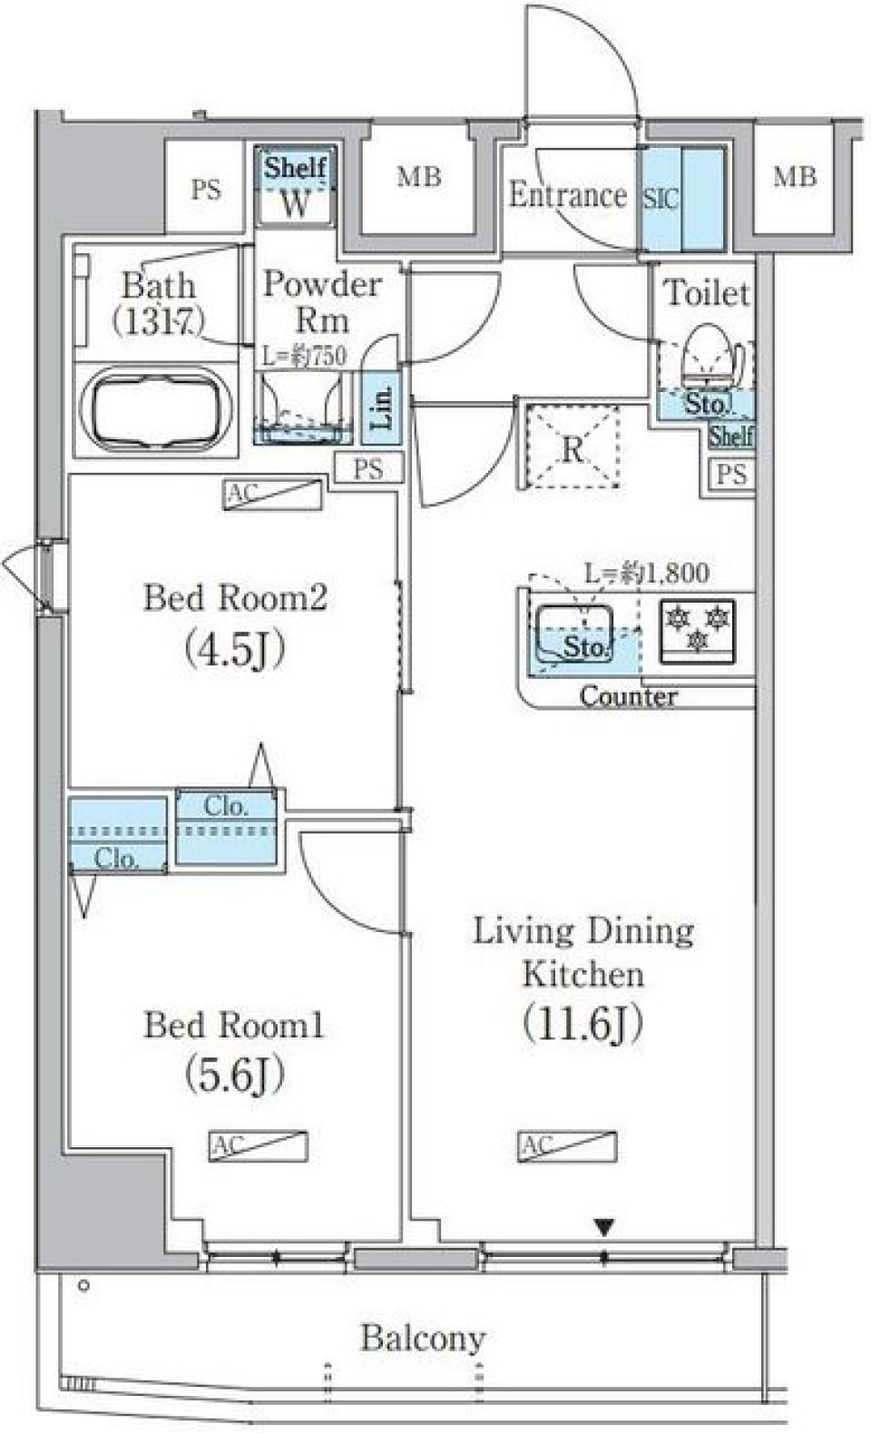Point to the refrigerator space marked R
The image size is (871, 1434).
coord(572,448)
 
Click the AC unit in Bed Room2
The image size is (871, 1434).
coord(273,495)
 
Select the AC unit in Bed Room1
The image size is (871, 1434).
coord(259,1145)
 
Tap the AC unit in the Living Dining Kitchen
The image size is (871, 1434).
coord(568,1145)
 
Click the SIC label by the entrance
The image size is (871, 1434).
coord(661,199)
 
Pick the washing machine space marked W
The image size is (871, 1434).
coord(295,205)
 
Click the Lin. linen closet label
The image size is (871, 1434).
coord(382,408)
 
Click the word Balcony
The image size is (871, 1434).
coord(423,1337)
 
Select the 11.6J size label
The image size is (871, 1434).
coord(582,1024)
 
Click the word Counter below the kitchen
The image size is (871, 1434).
coord(628,697)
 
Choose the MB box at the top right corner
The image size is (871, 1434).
coord(794,177)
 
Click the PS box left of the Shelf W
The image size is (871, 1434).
coord(206,190)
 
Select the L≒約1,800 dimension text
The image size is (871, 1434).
coord(646,573)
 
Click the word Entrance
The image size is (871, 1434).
coord(567,194)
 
